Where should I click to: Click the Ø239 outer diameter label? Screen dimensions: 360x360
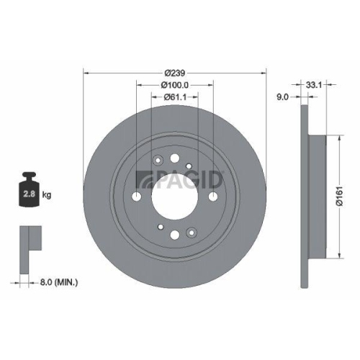pyautogui.click(x=175, y=72)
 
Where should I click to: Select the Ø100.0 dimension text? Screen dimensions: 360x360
pyautogui.click(x=175, y=85)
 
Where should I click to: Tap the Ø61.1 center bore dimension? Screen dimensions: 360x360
pyautogui.click(x=175, y=96)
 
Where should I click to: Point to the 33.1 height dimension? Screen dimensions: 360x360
pyautogui.click(x=313, y=84)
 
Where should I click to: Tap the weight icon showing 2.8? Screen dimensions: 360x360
pyautogui.click(x=30, y=192)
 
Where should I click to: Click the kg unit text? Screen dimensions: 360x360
pyautogui.click(x=47, y=194)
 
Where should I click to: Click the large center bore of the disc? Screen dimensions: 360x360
pyautogui.click(x=176, y=197)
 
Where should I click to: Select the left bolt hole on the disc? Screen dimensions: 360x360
pyautogui.click(x=137, y=197)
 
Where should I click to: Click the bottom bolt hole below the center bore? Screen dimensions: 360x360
pyautogui.click(x=176, y=236)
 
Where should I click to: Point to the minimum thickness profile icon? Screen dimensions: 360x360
pyautogui.click(x=27, y=238)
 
